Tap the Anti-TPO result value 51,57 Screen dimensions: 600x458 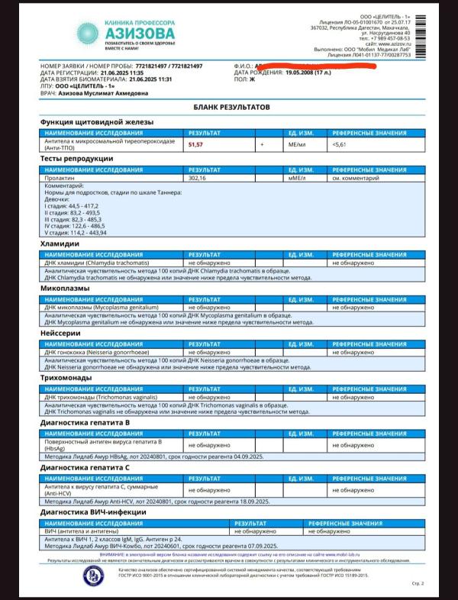click(196, 144)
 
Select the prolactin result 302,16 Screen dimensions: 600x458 click(198, 178)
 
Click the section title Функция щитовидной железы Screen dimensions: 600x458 click(97, 122)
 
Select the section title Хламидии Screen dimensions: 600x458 click(60, 244)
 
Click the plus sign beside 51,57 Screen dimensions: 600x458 click(262, 144)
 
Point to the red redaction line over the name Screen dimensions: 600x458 click(321, 66)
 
